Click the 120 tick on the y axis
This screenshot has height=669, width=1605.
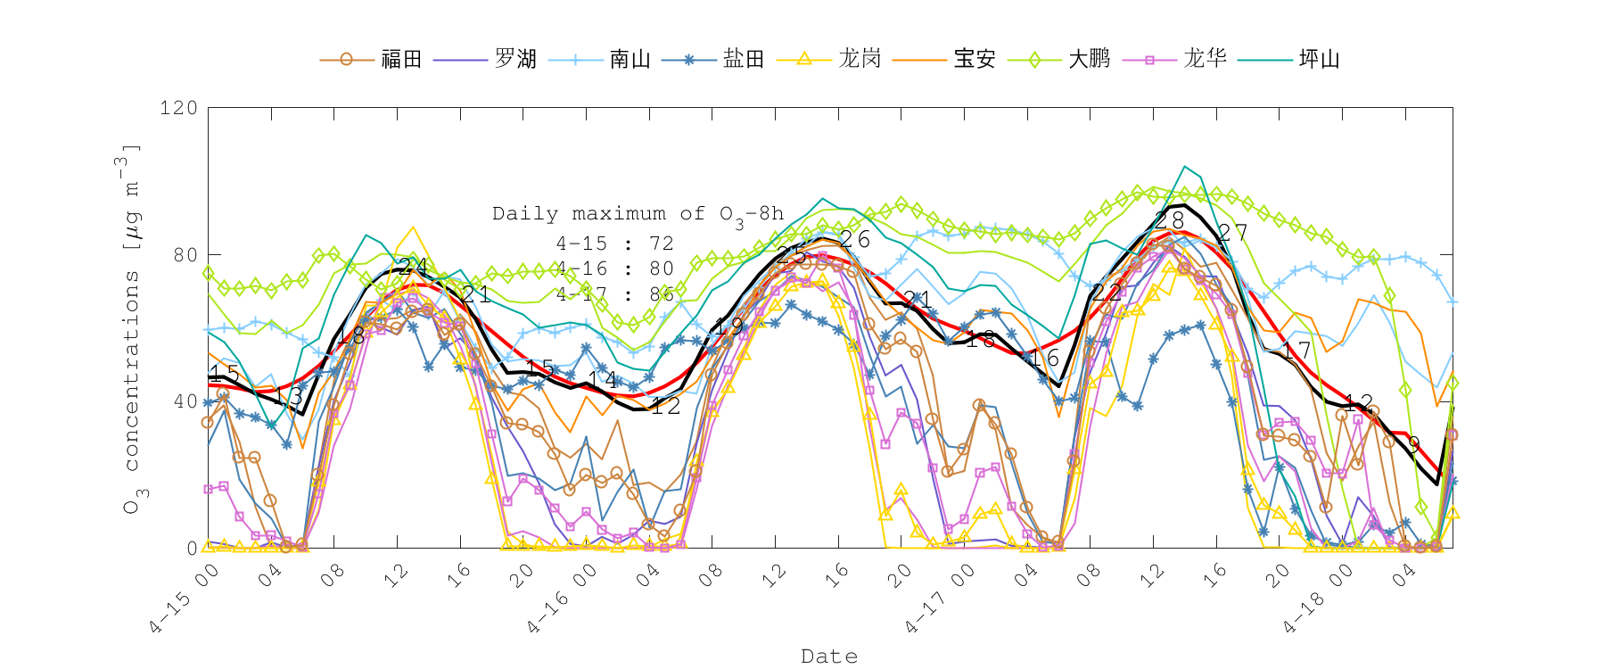(178, 108)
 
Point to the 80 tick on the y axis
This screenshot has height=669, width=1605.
(185, 255)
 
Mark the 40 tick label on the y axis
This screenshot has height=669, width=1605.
(185, 401)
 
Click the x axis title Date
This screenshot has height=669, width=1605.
(829, 657)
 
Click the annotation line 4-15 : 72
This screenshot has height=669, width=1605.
(614, 244)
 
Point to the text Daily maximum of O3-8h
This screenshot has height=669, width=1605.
(638, 214)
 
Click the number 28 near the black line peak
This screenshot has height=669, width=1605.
(1169, 220)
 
